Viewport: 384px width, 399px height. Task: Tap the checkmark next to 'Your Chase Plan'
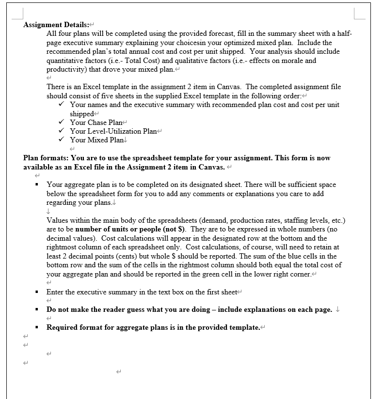click(x=61, y=123)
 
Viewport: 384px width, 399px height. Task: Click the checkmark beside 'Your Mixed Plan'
click(x=61, y=140)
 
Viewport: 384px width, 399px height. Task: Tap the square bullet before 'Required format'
click(x=37, y=327)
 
